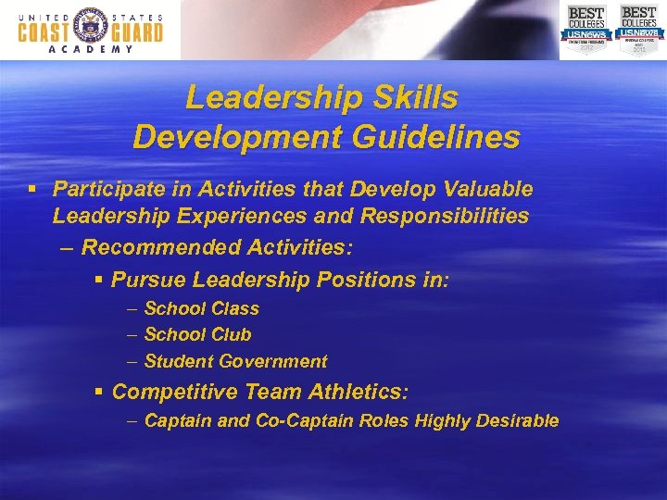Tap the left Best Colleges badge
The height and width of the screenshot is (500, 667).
[585, 29]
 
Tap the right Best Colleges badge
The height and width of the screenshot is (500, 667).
[639, 29]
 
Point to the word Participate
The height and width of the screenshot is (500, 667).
[104, 189]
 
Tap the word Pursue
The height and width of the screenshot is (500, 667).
[147, 279]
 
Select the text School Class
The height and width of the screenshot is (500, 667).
[201, 308]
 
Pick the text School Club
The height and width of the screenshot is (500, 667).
[197, 334]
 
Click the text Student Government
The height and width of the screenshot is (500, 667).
[235, 361]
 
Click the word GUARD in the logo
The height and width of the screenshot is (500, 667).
[135, 31]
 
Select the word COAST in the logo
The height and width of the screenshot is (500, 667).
[44, 31]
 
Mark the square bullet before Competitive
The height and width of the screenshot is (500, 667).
[98, 393]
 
